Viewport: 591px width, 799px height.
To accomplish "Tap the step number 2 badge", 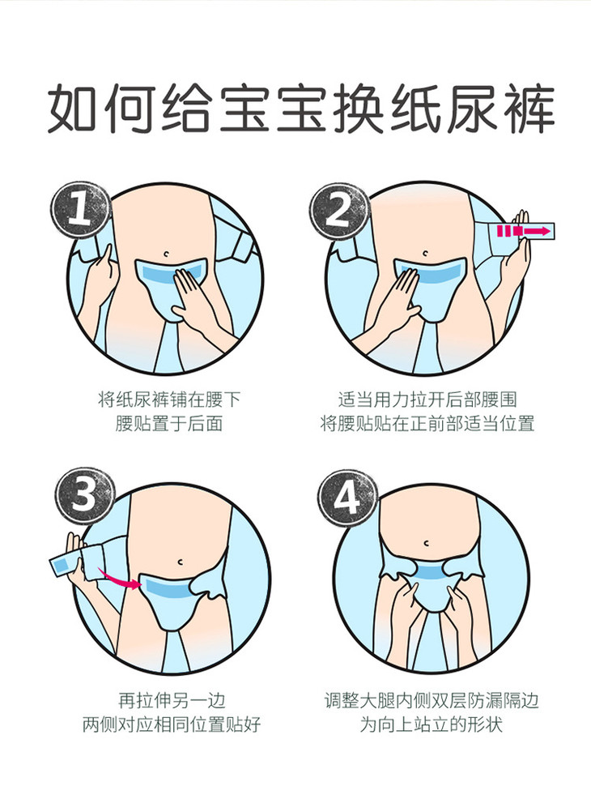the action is [339, 210].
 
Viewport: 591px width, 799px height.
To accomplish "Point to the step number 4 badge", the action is [347, 498].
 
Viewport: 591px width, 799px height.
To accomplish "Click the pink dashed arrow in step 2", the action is [524, 231].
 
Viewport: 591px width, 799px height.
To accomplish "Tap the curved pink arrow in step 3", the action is [119, 579].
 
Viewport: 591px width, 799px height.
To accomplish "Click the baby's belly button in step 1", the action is [167, 254].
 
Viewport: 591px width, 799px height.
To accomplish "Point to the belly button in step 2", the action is [426, 254].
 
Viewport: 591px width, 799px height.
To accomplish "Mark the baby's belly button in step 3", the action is [181, 562].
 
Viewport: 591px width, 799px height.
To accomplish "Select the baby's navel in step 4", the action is [427, 544].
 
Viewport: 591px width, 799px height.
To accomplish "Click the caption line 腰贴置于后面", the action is [169, 424].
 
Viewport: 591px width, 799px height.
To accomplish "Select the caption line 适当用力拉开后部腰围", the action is [427, 399].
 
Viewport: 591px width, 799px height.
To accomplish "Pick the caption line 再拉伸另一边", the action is [172, 700].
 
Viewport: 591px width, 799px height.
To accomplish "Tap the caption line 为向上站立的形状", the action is [432, 724].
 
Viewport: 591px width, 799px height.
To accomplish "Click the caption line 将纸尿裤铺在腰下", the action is [169, 399].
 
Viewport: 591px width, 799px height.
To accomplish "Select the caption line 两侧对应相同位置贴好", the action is [172, 724].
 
